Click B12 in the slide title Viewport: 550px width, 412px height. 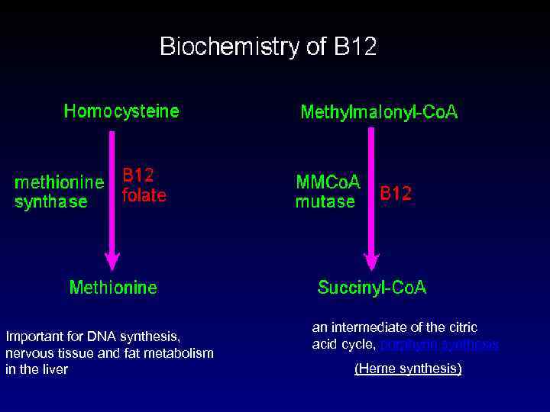[355, 47]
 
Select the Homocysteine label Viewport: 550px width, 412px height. [121, 111]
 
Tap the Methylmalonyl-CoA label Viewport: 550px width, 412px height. [379, 113]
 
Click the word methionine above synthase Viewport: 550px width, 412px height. [60, 182]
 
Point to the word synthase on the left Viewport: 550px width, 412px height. [51, 202]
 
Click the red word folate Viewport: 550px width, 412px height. [144, 195]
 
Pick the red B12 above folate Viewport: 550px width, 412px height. [138, 176]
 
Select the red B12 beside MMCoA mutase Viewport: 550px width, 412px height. [396, 194]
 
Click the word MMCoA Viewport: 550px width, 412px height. [328, 183]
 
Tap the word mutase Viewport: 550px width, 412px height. [325, 202]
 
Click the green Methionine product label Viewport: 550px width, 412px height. [113, 288]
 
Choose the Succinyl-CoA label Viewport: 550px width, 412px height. [372, 288]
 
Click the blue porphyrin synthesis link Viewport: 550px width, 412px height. [439, 345]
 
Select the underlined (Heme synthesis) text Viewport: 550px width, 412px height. [408, 369]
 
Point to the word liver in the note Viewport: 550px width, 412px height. [53, 369]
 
